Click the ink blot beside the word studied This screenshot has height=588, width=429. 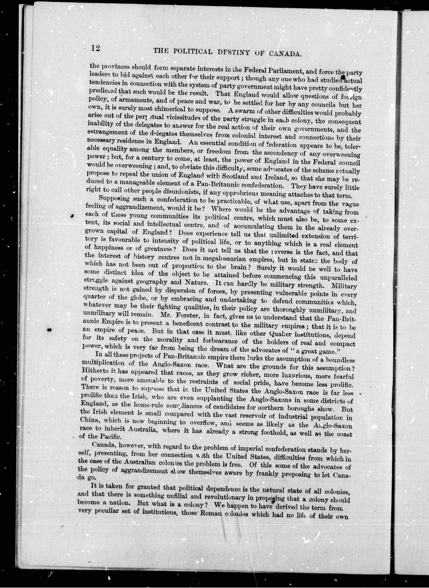click(343, 77)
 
